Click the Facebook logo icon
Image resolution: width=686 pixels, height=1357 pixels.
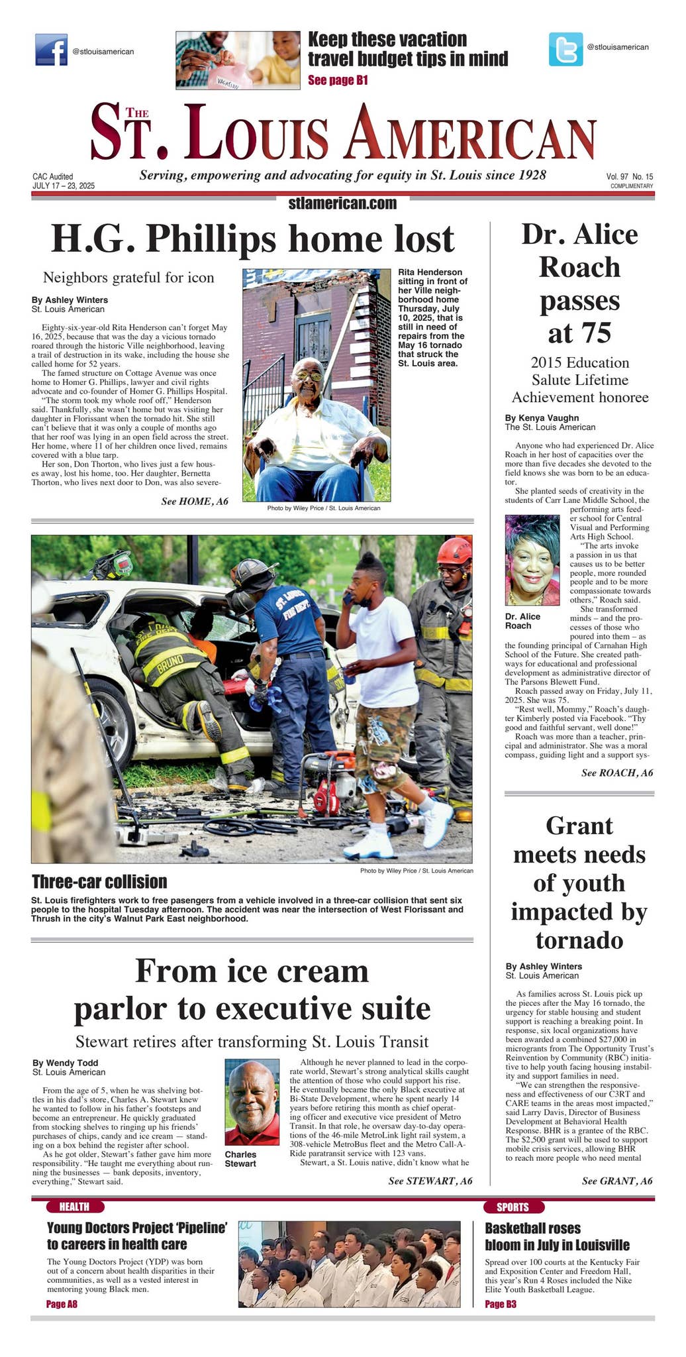(x=51, y=50)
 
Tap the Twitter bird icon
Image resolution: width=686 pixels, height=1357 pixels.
(x=565, y=49)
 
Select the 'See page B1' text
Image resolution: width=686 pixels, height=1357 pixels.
(x=338, y=81)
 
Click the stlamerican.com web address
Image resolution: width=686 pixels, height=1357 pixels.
(x=342, y=203)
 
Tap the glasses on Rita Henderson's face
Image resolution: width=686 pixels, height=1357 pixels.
(x=309, y=376)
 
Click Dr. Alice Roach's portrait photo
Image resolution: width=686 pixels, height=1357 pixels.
(x=532, y=560)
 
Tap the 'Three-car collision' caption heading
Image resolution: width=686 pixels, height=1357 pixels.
(x=99, y=882)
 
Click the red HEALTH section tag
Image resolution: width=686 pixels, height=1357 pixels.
(x=75, y=1207)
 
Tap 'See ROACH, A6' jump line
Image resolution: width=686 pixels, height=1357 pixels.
(x=616, y=773)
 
